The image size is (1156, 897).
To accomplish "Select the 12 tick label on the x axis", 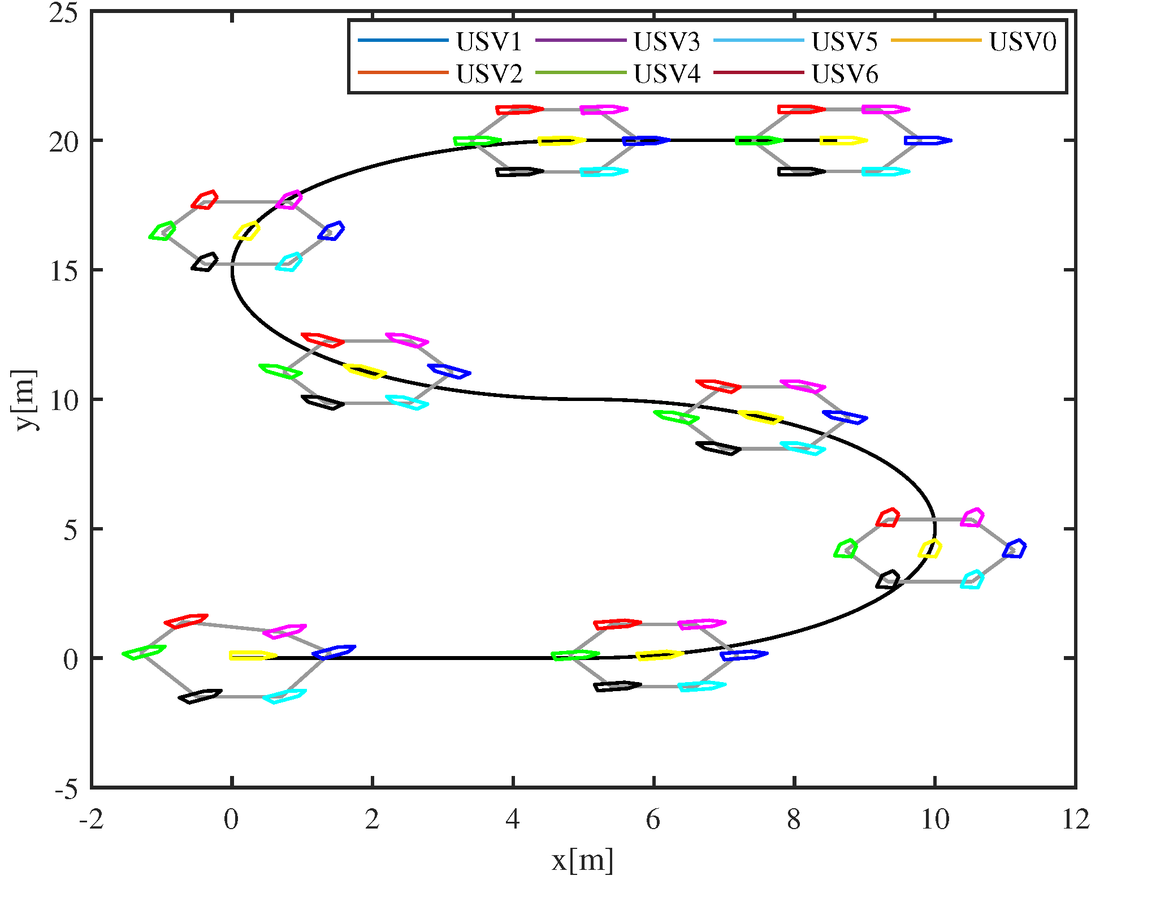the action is pyautogui.click(x=1075, y=820).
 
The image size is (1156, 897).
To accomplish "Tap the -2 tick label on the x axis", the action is pyautogui.click(x=92, y=820).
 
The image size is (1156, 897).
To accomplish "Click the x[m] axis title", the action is pyautogui.click(x=582, y=861).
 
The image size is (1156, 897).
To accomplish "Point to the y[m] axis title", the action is pyautogui.click(x=25, y=399).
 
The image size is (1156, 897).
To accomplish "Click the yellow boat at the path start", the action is pyautogui.click(x=253, y=655).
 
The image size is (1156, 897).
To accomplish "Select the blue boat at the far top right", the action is pyautogui.click(x=928, y=140).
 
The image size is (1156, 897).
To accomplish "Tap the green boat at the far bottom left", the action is pyautogui.click(x=144, y=652).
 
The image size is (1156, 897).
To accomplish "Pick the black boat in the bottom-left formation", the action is pyautogui.click(x=200, y=696).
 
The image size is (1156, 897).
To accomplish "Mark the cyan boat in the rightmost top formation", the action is pyautogui.click(x=885, y=171).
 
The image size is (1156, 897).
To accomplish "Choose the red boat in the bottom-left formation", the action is pyautogui.click(x=186, y=620).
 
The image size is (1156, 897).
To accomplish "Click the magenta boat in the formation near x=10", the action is pyautogui.click(x=973, y=517).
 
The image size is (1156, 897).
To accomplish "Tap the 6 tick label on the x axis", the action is pyautogui.click(x=653, y=820).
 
